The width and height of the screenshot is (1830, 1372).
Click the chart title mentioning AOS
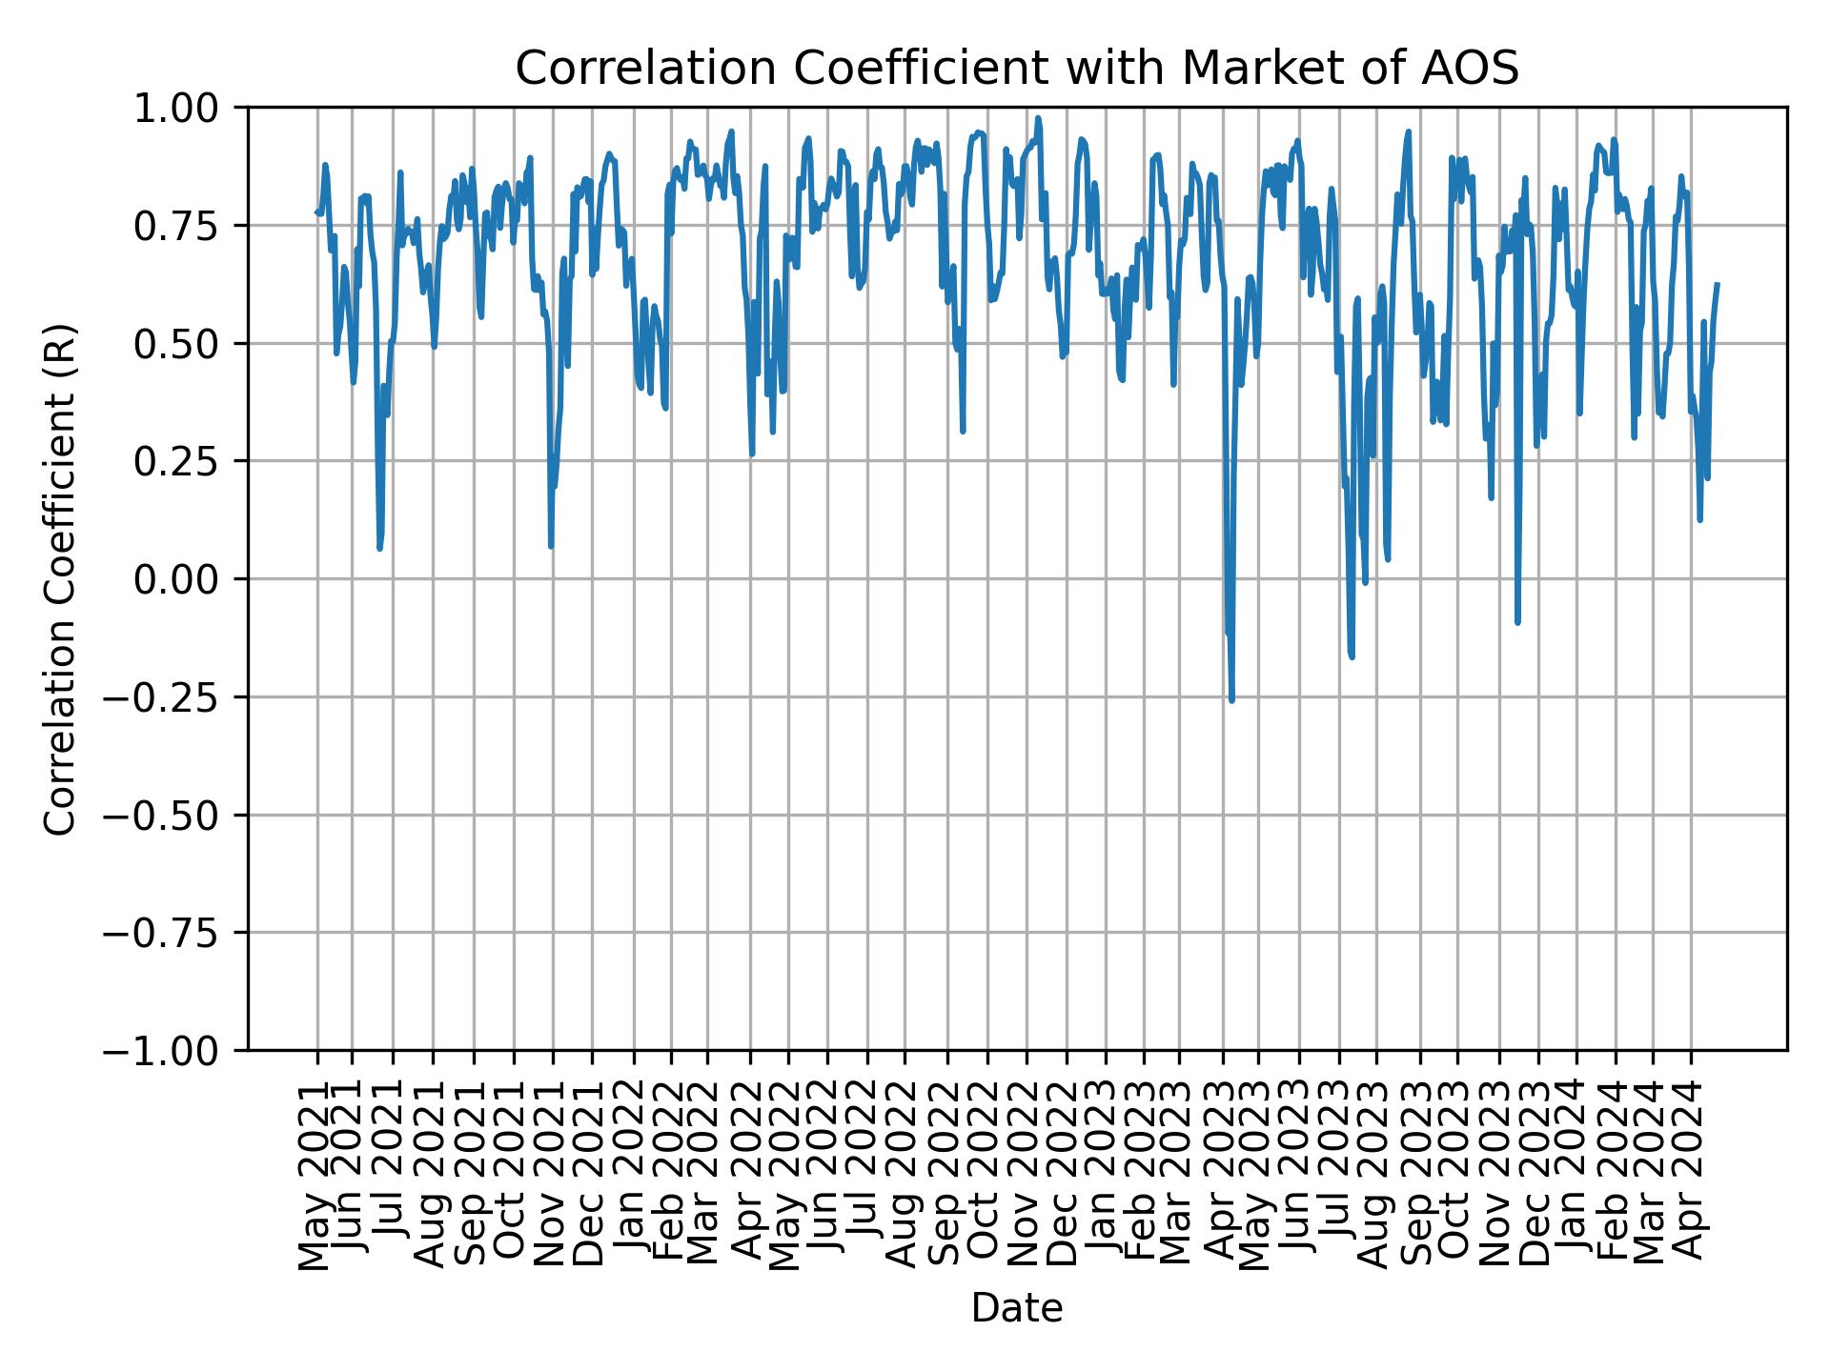pyautogui.click(x=1016, y=69)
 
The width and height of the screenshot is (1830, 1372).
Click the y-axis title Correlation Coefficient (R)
pyautogui.click(x=59, y=578)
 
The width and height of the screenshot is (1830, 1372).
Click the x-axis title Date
pyautogui.click(x=1016, y=1308)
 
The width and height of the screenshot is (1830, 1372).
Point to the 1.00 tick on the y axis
pyautogui.click(x=190, y=108)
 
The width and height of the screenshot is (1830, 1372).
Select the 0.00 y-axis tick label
pyautogui.click(x=190, y=579)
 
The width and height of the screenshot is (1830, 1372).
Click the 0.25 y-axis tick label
pyautogui.click(x=190, y=461)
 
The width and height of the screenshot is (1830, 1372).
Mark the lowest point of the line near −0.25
pyautogui.click(x=1231, y=700)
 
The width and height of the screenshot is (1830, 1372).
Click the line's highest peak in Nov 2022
pyautogui.click(x=1038, y=118)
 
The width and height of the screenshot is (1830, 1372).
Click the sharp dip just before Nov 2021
pyautogui.click(x=551, y=546)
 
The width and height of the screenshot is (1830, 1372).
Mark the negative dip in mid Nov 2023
pyautogui.click(x=1516, y=622)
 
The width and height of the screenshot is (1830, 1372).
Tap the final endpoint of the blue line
pyautogui.click(x=1717, y=284)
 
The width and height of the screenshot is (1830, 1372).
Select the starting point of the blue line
pyautogui.click(x=316, y=212)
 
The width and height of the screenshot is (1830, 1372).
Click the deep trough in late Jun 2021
pyautogui.click(x=379, y=549)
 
